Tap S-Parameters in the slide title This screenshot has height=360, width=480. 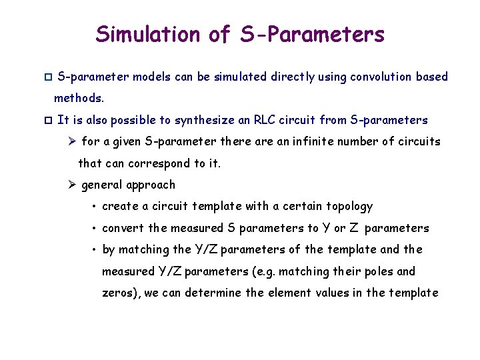click(313, 34)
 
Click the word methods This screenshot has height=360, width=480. click(79, 99)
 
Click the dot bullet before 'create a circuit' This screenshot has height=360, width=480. click(96, 207)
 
